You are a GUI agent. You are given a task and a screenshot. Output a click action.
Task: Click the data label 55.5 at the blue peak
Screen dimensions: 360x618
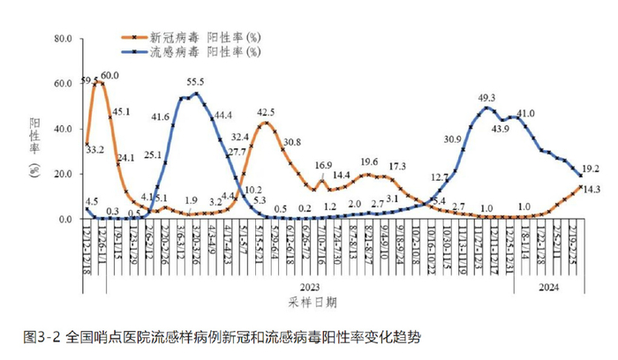pyautogui.click(x=197, y=81)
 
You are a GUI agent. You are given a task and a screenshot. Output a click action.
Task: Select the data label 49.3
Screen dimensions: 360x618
pyautogui.click(x=486, y=98)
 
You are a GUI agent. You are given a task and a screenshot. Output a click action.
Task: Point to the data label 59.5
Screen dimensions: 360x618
pyautogui.click(x=89, y=80)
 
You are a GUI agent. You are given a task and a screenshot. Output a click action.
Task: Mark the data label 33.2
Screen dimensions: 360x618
pyautogui.click(x=95, y=150)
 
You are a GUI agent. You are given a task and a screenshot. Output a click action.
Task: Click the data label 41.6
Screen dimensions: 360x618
pyautogui.click(x=162, y=116)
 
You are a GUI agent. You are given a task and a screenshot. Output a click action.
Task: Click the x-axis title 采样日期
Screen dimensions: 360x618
pyautogui.click(x=312, y=302)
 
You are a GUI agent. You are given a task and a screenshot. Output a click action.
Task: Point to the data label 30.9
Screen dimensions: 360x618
pyautogui.click(x=453, y=139)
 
